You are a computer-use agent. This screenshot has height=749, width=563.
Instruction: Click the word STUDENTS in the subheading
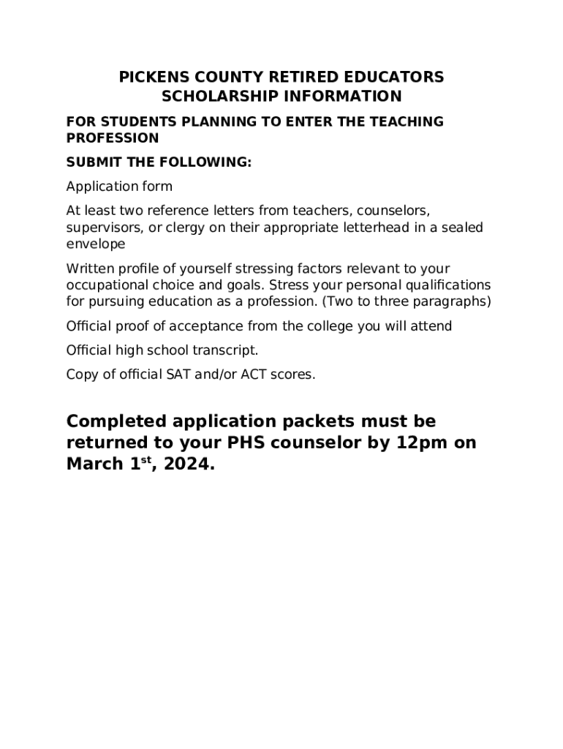(x=137, y=121)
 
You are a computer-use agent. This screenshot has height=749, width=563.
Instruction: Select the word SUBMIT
(x=91, y=162)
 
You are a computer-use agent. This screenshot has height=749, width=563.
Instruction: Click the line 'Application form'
(x=119, y=187)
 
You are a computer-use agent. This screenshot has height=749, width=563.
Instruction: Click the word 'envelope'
(x=96, y=244)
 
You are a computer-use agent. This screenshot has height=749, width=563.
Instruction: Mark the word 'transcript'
(x=222, y=350)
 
